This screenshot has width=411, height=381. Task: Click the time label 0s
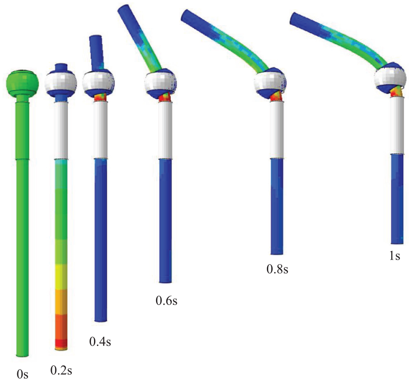23,374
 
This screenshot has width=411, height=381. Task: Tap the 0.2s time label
61,370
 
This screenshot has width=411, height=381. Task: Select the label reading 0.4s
100,342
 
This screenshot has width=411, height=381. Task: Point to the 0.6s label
166,301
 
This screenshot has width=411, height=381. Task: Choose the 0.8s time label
277,269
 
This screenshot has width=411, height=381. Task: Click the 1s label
395,256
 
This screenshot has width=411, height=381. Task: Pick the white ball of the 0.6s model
160,82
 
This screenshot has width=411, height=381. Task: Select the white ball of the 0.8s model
270,83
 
